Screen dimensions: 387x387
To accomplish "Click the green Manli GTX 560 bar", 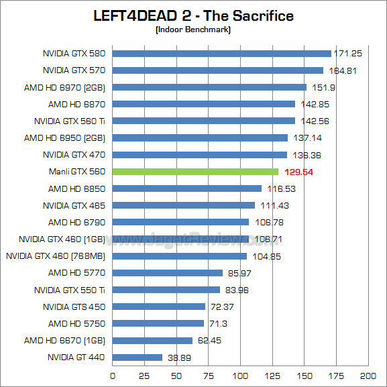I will coord(195,172).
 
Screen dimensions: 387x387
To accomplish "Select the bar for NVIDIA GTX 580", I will coord(221,54).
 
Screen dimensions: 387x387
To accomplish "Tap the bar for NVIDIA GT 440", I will coord(137,357).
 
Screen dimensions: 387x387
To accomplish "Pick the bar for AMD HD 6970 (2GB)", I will coord(209,87).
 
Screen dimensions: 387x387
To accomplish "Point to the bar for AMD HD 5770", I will coord(168,273).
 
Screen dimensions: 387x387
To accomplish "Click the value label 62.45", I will coord(209,341).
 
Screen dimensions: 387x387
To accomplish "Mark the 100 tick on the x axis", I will coord(240,375).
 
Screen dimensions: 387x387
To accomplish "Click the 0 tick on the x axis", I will coord(113,375).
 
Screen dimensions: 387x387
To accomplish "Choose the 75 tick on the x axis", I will coord(208,375).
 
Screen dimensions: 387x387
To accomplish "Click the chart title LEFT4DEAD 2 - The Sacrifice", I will coord(193,15).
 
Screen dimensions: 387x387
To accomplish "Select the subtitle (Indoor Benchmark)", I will coord(193,30).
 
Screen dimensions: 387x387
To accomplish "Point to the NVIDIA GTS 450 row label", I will coord(74,307).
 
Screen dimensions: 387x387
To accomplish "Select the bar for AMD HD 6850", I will coord(187,188).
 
